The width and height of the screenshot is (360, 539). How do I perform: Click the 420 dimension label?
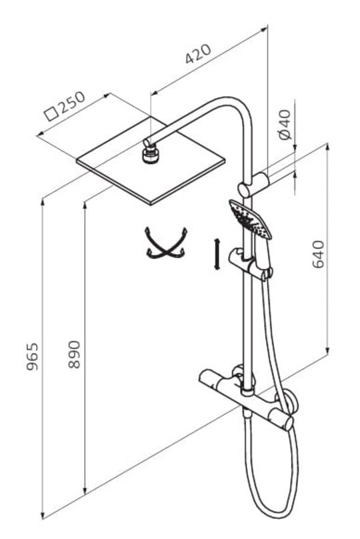pos(198,53)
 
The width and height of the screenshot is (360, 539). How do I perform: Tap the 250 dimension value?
pos(71,103)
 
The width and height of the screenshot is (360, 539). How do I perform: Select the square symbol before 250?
pos(51,114)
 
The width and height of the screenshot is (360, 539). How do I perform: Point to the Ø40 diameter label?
pos(285,125)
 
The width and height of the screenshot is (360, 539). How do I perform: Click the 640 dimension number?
pos(318,254)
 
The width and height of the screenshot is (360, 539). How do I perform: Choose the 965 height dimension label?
pos(33,356)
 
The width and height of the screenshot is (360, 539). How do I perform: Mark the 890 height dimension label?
pos(74,354)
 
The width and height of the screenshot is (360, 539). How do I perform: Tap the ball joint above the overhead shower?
pos(150,154)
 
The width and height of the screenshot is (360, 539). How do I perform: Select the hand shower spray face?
pos(250,219)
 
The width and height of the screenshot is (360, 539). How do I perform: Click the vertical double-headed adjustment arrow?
pos(217,254)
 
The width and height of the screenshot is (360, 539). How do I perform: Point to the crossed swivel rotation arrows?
pos(165,243)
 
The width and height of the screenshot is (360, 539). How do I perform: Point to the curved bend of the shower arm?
pos(241,110)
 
